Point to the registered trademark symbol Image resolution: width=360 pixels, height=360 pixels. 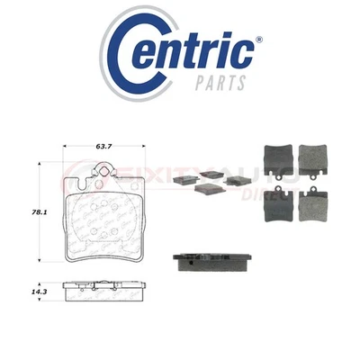[x=259, y=40]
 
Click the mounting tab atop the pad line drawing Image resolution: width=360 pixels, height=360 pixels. [x=107, y=169]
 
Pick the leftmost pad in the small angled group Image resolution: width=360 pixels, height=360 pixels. [x=183, y=180]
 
